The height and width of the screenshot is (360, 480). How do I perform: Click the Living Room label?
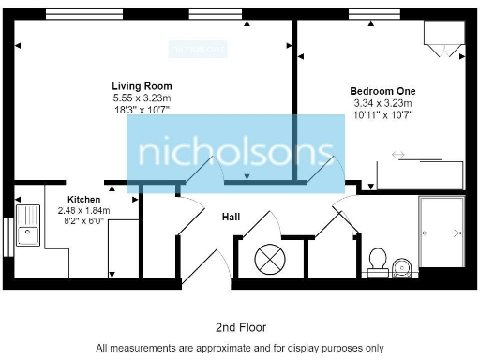(x=142, y=86)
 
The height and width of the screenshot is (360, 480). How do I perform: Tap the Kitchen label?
(x=83, y=200)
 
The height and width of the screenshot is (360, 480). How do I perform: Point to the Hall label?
(x=230, y=217)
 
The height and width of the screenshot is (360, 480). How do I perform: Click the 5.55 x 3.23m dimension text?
(x=142, y=97)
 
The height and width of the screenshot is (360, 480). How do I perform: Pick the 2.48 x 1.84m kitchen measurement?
(x=83, y=211)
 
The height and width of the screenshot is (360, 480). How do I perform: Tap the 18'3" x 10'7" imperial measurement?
(x=142, y=109)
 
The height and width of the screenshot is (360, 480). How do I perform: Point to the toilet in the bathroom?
(x=379, y=258)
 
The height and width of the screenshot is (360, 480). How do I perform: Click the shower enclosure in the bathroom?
(x=442, y=231)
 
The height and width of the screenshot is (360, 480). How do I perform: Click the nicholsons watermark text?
(x=234, y=153)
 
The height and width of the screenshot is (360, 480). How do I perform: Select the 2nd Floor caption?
(x=240, y=327)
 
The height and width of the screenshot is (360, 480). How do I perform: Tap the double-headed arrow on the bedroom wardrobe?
(x=398, y=155)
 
